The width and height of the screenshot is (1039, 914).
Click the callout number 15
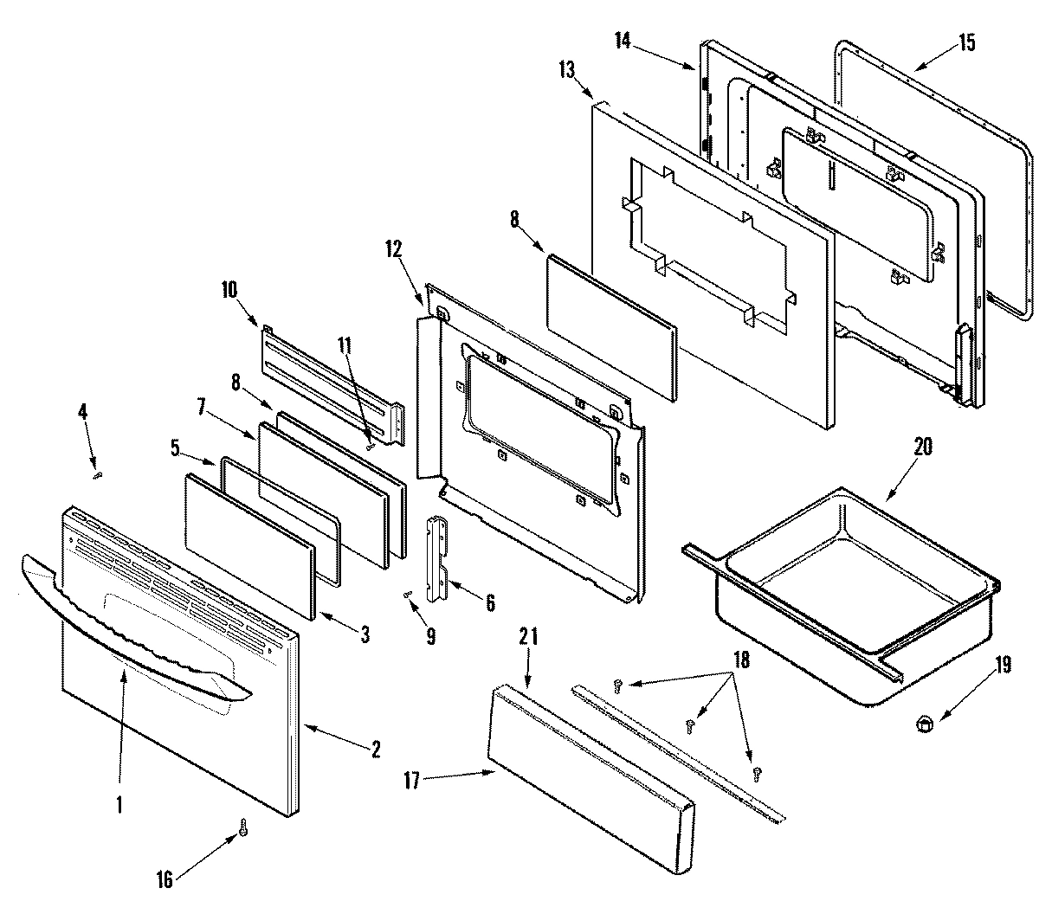(x=965, y=42)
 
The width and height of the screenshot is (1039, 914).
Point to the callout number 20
(x=923, y=447)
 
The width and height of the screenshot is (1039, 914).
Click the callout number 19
(x=1003, y=665)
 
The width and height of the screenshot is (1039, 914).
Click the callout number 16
(x=165, y=880)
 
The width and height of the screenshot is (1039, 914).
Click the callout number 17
(x=411, y=781)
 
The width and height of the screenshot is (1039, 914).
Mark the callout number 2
(x=375, y=750)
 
